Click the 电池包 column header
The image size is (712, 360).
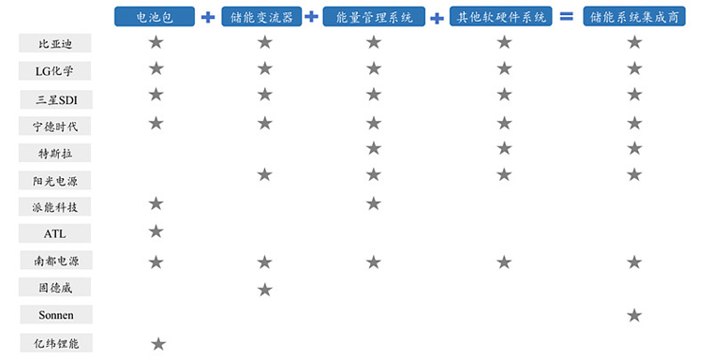click(x=155, y=17)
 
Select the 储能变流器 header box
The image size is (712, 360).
click(x=263, y=17)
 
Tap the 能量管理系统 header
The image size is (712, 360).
click(x=373, y=17)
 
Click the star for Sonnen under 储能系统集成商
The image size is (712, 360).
click(x=634, y=316)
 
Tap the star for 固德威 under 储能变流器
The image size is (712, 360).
click(x=265, y=290)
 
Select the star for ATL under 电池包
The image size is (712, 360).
click(x=156, y=232)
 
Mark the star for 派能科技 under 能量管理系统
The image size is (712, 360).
click(x=374, y=203)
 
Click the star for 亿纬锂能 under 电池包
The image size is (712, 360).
click(x=158, y=344)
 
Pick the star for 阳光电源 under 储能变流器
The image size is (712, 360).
click(x=265, y=174)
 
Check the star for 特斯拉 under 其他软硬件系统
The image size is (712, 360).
click(x=504, y=148)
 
